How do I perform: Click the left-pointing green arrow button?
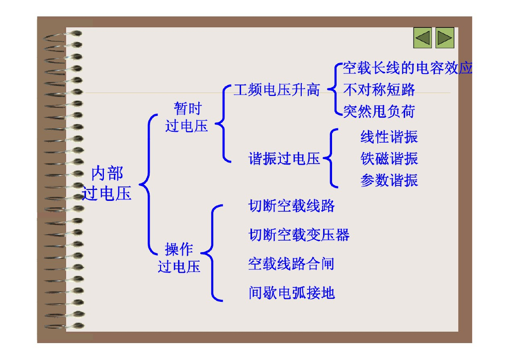423,38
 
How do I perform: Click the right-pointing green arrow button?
445,38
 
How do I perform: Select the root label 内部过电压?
107,183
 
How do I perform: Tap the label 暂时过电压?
187,117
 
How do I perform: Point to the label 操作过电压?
179,258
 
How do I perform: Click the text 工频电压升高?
277,90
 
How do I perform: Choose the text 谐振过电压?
284,159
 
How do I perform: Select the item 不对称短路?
379,90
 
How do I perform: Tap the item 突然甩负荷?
379,111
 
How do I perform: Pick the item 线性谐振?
389,137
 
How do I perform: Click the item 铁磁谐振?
389,159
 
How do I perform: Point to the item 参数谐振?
389,180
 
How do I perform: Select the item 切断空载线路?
292,206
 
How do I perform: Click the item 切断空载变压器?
299,235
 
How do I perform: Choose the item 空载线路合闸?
291,264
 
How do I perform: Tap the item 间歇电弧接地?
292,293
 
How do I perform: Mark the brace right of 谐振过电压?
331,158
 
